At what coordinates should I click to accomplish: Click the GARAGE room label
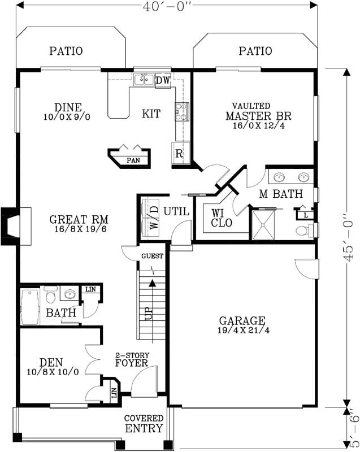point(242,319)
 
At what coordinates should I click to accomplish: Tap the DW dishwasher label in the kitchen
point(163,80)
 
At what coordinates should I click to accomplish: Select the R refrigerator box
point(179,153)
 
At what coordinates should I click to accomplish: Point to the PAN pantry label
point(133,160)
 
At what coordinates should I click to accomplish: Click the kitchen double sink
point(144,80)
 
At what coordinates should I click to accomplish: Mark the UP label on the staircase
point(149,314)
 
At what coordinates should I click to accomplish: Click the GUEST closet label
point(152,256)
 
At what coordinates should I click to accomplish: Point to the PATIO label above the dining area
point(66,51)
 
